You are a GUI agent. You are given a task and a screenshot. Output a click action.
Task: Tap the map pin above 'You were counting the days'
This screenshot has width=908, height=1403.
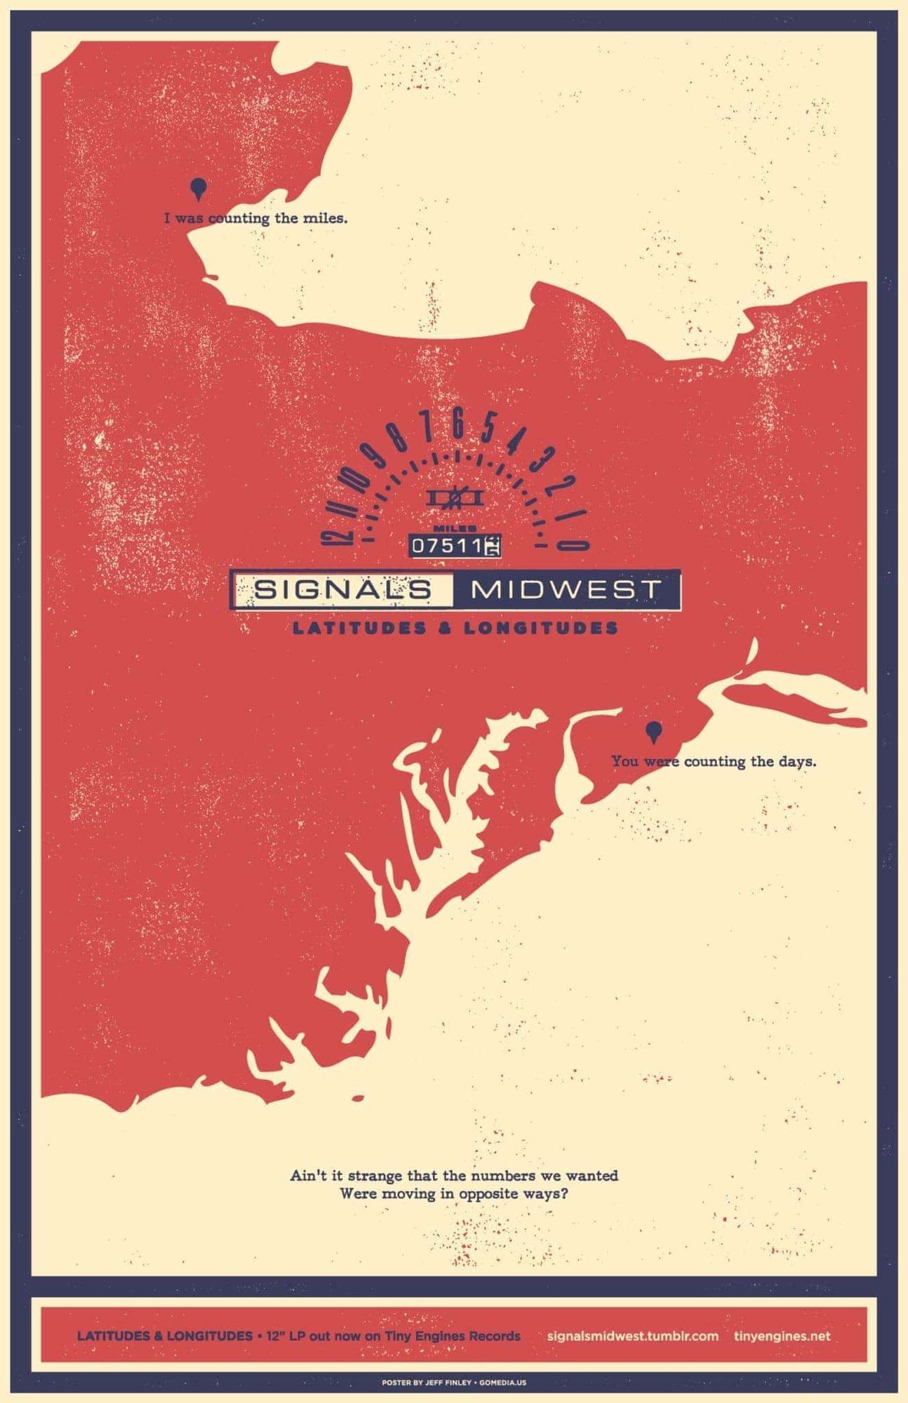[x=653, y=731]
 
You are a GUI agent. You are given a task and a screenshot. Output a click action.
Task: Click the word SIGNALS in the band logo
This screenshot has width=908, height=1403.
[x=342, y=589]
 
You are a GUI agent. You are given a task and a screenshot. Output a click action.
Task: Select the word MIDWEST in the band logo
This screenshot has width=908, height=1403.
[x=566, y=589]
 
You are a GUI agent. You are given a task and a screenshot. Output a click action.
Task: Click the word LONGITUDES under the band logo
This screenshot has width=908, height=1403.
[x=540, y=627]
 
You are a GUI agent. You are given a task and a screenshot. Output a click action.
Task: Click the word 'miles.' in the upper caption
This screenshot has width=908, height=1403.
[x=325, y=218]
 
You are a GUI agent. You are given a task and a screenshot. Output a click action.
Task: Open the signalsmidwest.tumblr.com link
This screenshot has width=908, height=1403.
[x=632, y=1336]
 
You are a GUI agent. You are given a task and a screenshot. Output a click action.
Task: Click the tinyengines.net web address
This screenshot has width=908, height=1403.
[x=782, y=1336]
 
